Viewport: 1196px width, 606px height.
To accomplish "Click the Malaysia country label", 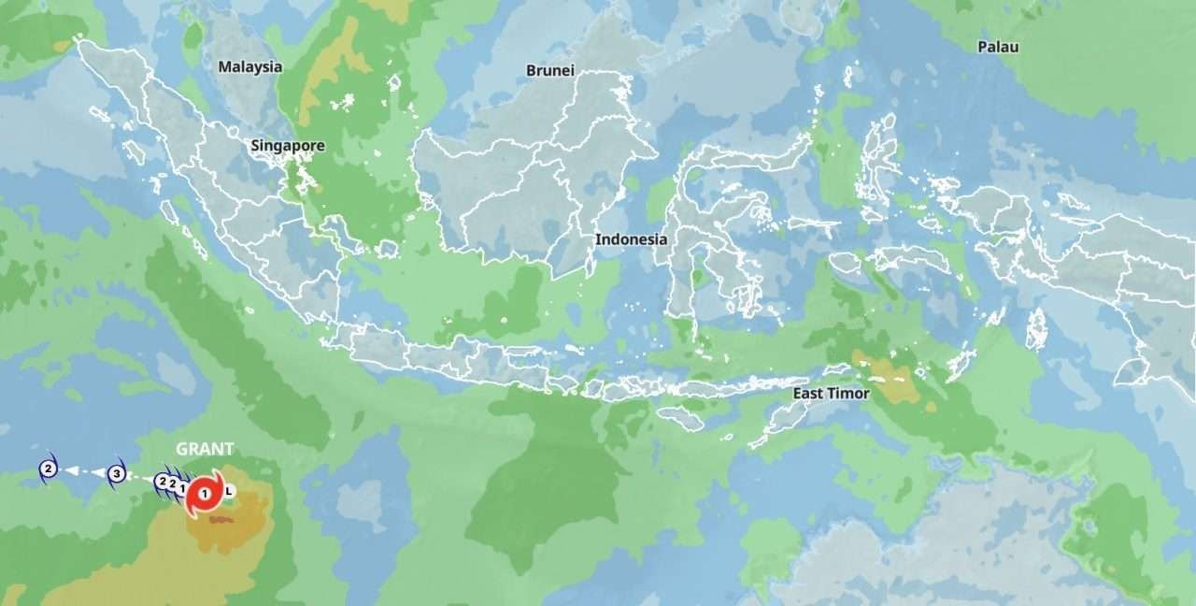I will point(249,66).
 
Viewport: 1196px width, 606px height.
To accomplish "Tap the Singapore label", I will point(288,146).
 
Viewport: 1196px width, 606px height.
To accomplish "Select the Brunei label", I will point(550,70).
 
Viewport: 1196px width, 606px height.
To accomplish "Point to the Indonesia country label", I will point(632,239).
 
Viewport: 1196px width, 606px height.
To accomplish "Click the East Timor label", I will point(831,394).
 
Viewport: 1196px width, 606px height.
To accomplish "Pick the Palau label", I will point(998,47).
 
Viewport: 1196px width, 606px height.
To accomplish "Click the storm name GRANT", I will point(205,449).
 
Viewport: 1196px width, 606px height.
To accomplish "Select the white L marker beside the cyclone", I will point(229,490).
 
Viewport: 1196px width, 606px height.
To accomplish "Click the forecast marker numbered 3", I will point(116,474).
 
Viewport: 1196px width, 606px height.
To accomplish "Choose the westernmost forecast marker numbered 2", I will point(49,469).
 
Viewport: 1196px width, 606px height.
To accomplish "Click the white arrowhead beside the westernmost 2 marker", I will point(71,470).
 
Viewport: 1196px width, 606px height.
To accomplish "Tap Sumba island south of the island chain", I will point(679,418).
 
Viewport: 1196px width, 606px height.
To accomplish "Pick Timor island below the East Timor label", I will point(780,421).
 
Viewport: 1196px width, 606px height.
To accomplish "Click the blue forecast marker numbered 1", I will point(181,486).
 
